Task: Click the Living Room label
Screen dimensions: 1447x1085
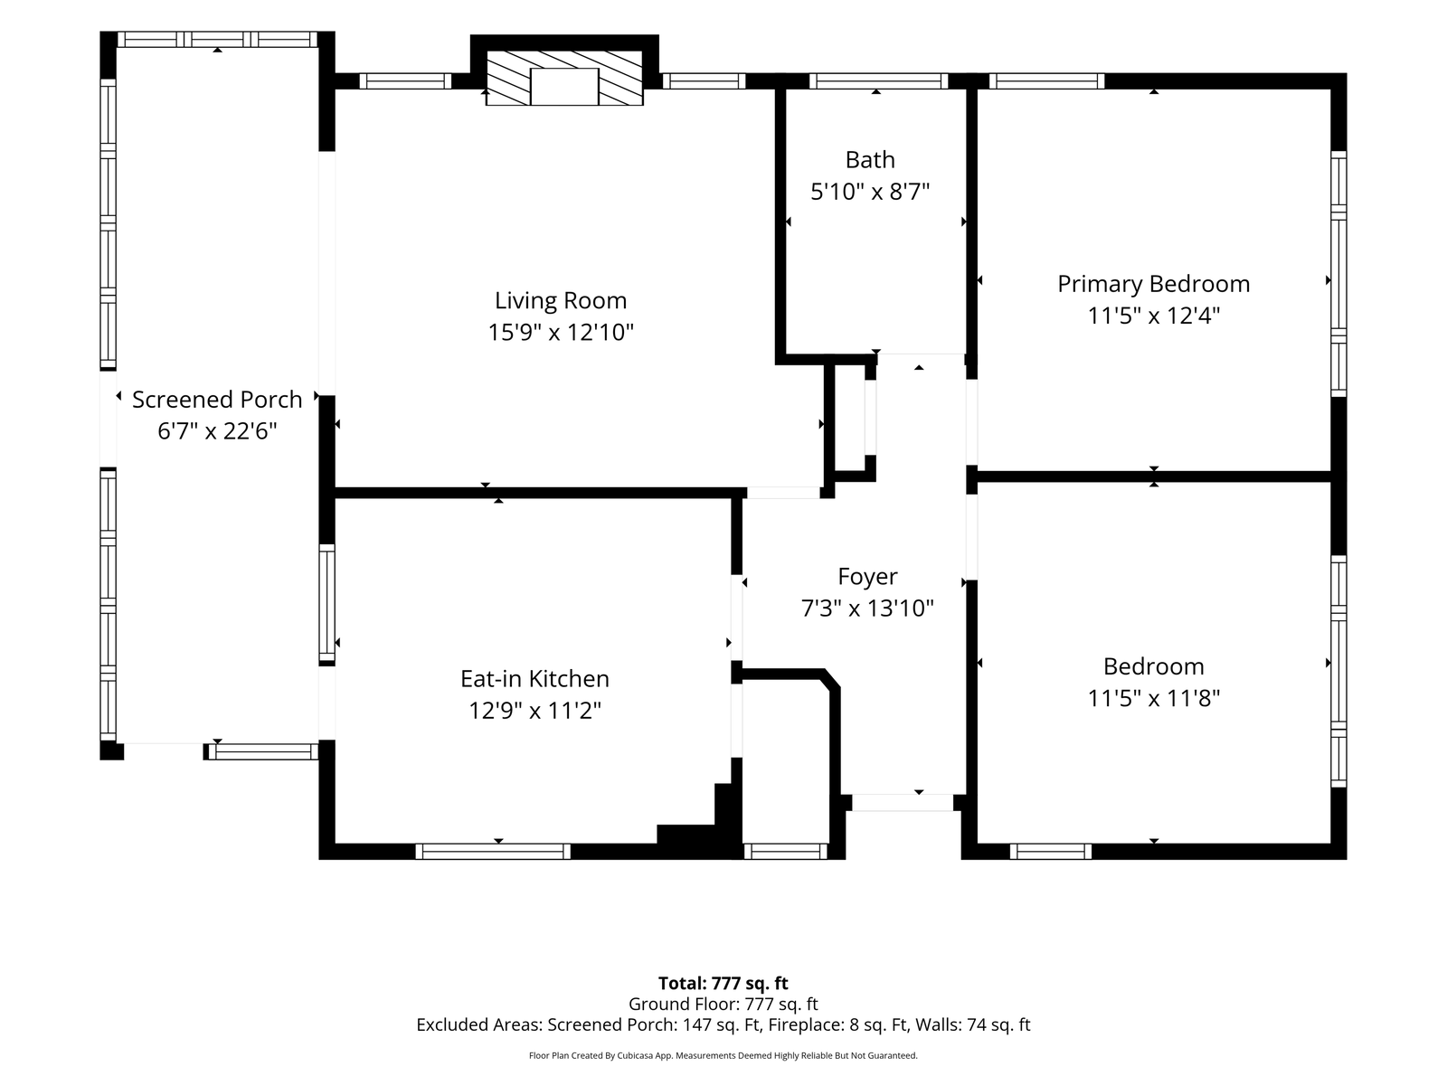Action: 561,300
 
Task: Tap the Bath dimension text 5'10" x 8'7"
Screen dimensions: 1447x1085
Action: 869,192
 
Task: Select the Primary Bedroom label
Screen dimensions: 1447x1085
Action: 1154,284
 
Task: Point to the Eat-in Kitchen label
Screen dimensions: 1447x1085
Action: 534,678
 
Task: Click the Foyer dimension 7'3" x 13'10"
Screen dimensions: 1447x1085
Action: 867,608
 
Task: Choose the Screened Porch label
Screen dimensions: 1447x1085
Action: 217,400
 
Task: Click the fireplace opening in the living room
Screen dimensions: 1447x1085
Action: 564,86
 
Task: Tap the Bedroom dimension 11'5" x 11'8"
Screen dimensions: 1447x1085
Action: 1154,698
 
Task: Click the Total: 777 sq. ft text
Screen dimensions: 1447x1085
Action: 723,983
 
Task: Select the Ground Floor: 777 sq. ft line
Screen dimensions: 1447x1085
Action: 723,1004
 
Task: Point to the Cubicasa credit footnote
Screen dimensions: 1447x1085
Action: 723,1055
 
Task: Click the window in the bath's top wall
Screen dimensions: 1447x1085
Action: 878,81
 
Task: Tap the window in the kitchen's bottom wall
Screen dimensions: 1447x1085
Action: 493,851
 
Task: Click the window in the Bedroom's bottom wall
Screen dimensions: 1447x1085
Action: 1051,851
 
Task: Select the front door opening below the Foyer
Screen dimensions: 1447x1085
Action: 903,802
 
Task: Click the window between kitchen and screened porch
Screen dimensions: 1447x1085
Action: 327,603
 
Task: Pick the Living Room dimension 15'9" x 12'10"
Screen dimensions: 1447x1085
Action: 561,332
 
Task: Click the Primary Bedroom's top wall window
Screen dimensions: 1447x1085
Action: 1047,81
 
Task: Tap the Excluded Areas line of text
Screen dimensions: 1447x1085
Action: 723,1024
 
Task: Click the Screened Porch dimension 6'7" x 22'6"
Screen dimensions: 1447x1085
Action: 217,431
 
